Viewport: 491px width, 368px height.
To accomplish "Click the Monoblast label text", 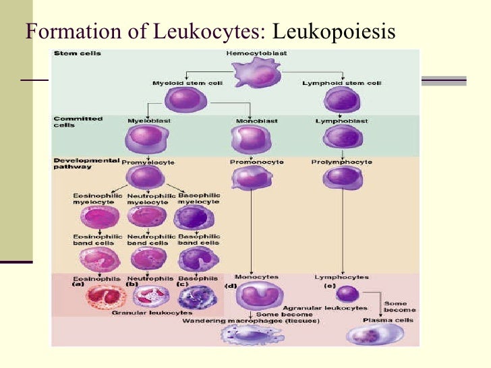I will click(x=248, y=121).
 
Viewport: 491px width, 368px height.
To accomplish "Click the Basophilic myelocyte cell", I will click(x=192, y=217).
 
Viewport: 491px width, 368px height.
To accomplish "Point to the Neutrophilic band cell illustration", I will click(x=146, y=258).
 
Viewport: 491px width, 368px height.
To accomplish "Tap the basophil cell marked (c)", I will click(x=194, y=297).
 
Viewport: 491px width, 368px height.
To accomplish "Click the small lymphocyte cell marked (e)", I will click(x=347, y=293).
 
